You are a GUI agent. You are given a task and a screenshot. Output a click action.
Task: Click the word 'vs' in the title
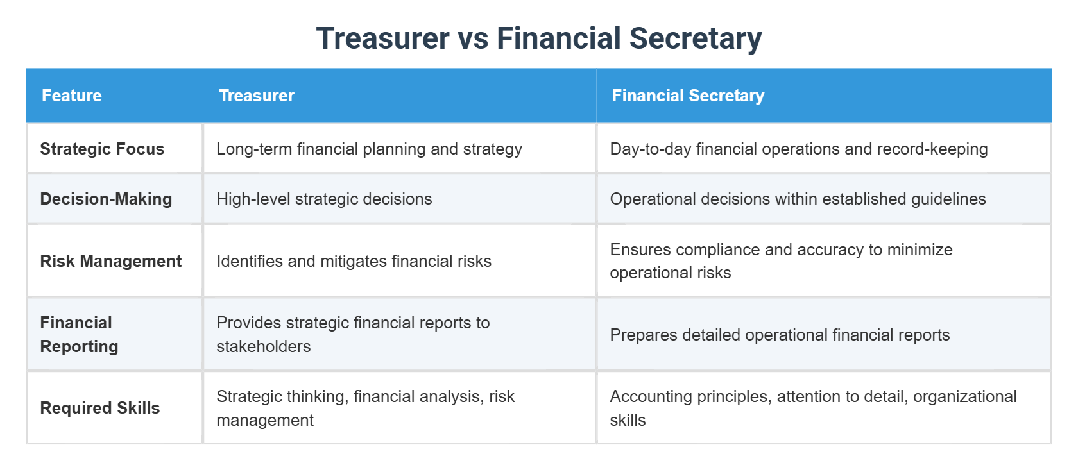point(473,38)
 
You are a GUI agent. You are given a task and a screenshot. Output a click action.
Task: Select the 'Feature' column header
point(72,96)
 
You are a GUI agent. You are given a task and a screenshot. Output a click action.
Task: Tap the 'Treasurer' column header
point(257,96)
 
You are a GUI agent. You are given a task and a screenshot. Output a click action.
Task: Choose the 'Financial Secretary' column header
point(688,96)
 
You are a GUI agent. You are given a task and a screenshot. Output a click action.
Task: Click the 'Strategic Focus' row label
point(102,149)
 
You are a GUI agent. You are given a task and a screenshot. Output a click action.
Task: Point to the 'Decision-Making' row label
point(106,199)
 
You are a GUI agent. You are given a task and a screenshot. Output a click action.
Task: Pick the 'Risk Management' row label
point(110,261)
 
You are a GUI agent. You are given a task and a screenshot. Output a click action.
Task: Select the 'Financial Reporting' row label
point(79,334)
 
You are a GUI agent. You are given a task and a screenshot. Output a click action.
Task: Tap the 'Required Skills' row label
point(99,408)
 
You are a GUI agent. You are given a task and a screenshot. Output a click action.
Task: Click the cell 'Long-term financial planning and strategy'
point(369,149)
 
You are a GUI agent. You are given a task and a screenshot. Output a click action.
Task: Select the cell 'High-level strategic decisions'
point(324,199)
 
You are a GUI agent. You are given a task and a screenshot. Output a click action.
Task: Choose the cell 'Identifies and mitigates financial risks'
point(354,261)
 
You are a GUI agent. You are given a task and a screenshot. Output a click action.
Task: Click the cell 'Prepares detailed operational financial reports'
point(780,335)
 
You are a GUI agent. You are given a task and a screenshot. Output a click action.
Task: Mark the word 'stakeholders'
point(263,346)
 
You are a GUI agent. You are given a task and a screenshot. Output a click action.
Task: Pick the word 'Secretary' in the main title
point(696,38)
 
